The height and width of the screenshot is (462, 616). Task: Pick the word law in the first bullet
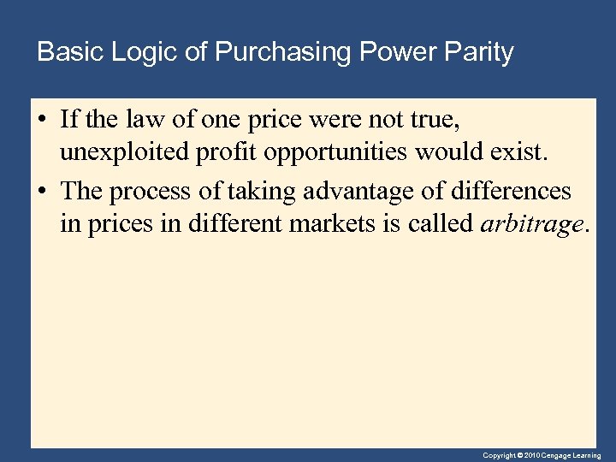click(154, 119)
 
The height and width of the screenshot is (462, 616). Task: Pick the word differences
click(518, 191)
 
